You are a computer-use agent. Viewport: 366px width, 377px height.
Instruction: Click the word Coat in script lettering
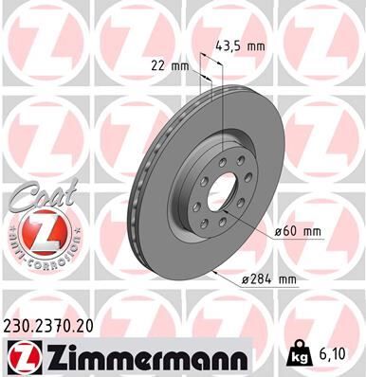pos(38,195)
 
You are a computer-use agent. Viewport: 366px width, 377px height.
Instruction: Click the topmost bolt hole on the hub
pos(233,157)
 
